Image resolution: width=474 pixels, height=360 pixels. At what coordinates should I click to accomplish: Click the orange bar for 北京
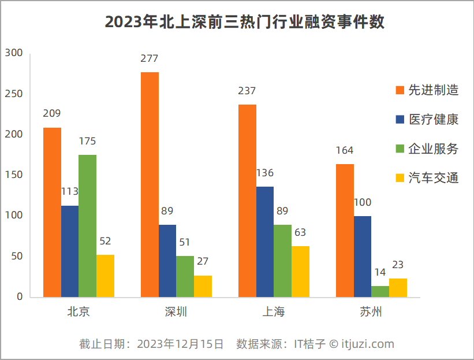point(52,212)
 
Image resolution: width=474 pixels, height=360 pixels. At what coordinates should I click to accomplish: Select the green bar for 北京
point(88,226)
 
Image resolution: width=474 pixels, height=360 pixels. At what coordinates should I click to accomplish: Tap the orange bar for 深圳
point(150,185)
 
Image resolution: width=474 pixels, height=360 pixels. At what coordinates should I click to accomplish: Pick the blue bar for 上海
point(265,242)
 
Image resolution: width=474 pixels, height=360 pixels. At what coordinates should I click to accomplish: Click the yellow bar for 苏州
point(398,288)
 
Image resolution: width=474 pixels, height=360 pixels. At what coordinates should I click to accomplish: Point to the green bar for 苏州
point(380,291)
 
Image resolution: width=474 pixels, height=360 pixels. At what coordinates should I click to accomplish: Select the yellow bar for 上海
point(300,272)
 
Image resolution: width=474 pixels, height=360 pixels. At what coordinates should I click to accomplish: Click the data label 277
point(149,58)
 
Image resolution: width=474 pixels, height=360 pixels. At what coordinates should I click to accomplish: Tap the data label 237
point(247,91)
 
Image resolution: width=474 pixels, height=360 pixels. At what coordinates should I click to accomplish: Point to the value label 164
point(344,150)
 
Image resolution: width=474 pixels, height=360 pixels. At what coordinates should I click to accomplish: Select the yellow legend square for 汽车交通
point(400,179)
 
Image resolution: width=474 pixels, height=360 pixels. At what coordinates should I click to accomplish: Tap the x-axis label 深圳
point(176,313)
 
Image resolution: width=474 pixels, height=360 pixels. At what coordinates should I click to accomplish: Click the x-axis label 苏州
point(371,313)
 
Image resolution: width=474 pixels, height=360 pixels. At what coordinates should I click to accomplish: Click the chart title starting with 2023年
point(245,22)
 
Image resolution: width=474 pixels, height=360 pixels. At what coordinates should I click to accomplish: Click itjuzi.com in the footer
point(368,344)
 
